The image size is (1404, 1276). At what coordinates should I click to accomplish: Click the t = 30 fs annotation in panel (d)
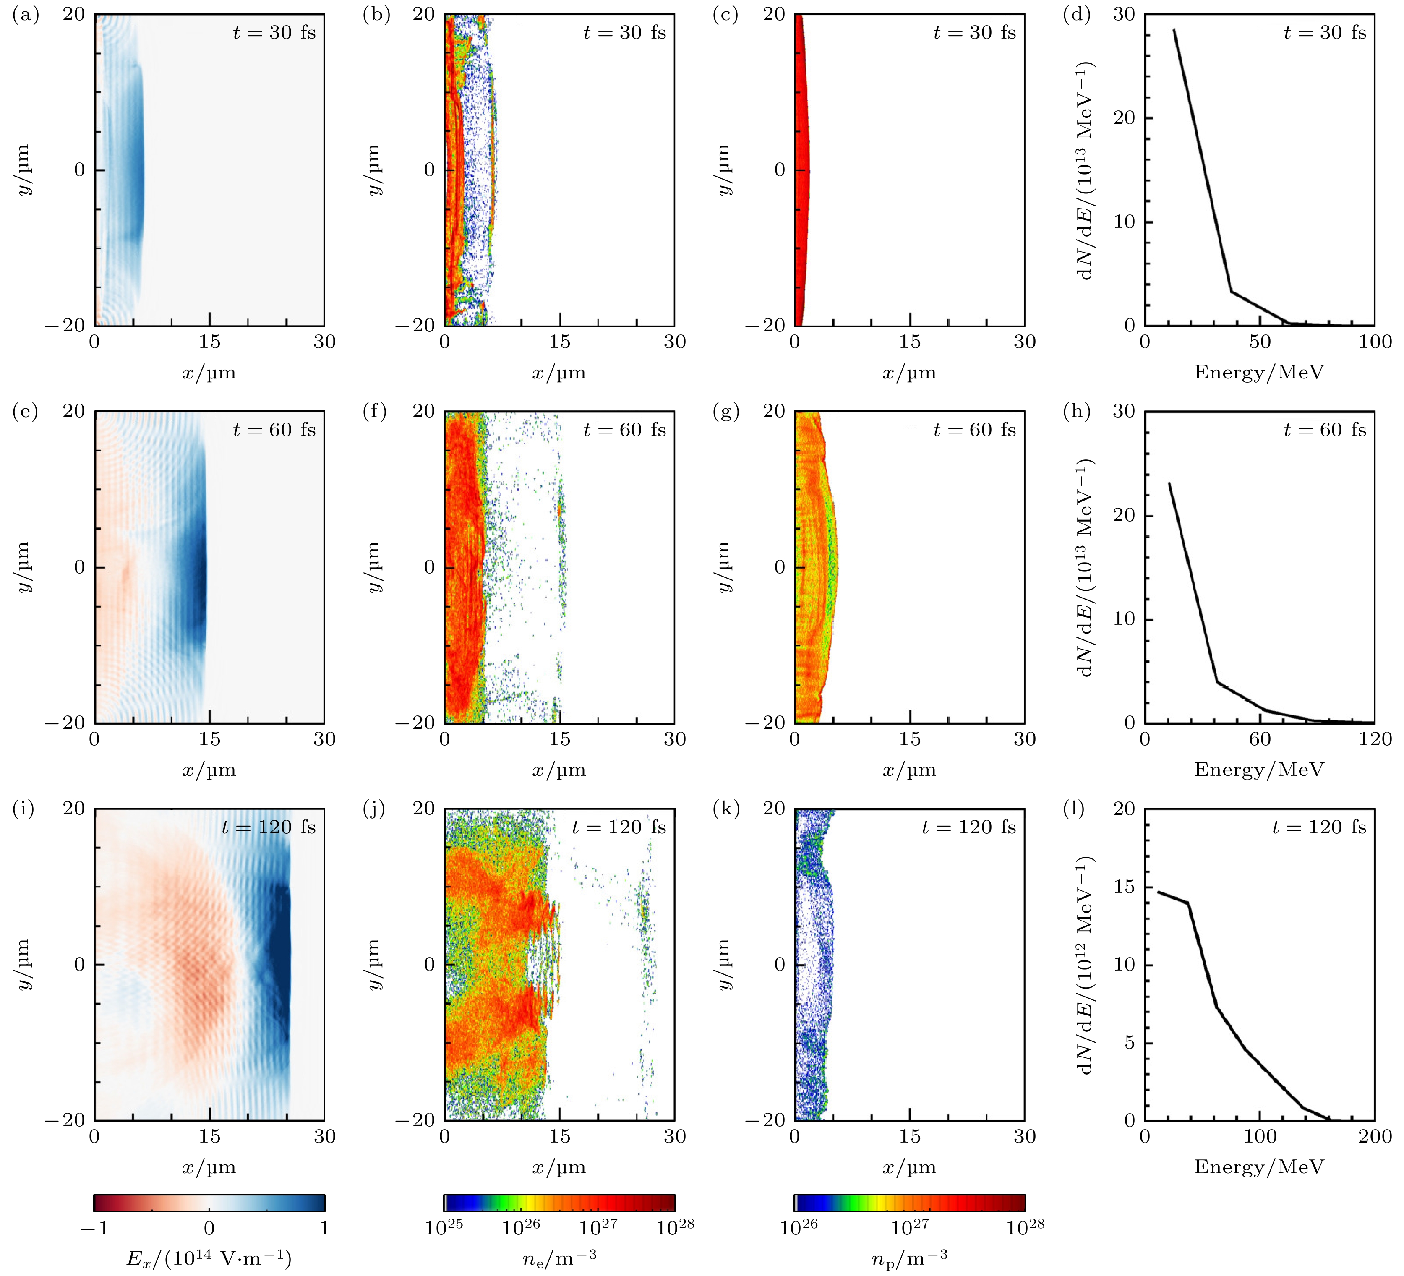(x=1325, y=33)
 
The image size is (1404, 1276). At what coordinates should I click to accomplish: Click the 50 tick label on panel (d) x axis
(x=1260, y=342)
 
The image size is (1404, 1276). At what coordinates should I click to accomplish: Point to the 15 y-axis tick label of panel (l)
(x=1124, y=887)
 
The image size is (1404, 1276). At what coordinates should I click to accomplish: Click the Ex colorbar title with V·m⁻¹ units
(x=209, y=1258)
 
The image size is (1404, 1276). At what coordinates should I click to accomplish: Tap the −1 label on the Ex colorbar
(x=95, y=1228)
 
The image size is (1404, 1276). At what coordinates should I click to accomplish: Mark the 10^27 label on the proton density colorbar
(x=910, y=1227)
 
